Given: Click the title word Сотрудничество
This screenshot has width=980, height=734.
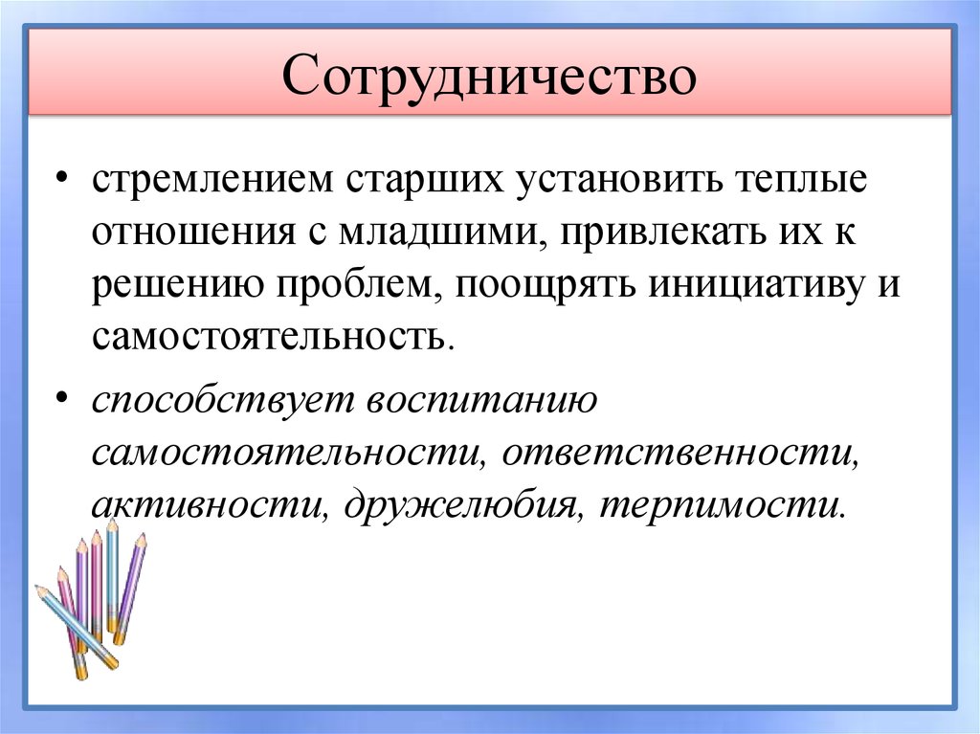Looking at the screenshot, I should (489, 78).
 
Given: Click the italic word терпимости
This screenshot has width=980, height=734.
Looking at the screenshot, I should (723, 504).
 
